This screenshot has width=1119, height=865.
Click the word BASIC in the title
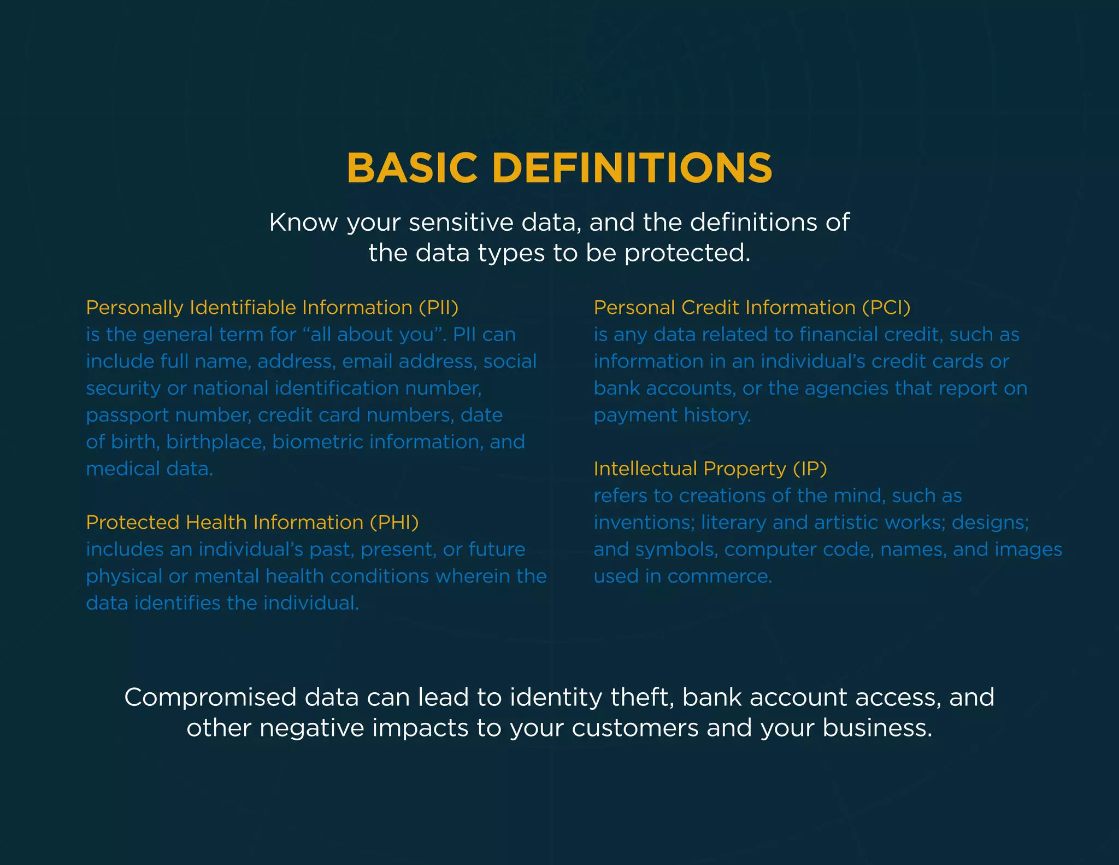[412, 168]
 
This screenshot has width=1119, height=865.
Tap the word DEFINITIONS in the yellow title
[632, 168]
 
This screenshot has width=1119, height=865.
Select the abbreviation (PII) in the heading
[438, 308]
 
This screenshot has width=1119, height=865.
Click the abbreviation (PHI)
[394, 523]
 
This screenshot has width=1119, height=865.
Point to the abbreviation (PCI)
[886, 308]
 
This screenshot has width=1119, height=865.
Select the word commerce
[720, 576]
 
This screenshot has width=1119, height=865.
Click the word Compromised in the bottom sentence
[210, 698]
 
